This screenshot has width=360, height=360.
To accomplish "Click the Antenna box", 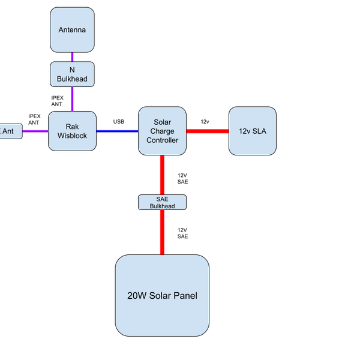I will [x=72, y=29].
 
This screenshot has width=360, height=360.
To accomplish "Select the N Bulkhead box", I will [x=72, y=73].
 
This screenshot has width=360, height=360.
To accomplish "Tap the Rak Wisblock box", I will [x=72, y=131].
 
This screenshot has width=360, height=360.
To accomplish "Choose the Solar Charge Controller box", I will [x=162, y=131].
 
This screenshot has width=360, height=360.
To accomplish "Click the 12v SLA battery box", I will [x=252, y=131].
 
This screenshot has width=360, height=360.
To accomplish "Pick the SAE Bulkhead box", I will [x=162, y=202].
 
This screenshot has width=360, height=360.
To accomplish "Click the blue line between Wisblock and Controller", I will [x=117, y=131].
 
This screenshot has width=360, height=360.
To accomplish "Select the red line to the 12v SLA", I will [x=207, y=131].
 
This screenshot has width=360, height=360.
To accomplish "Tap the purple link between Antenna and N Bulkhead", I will [x=72, y=57].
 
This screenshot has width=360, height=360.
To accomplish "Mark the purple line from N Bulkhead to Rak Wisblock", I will [x=72, y=98].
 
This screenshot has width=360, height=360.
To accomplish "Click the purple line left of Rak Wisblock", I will [x=35, y=131].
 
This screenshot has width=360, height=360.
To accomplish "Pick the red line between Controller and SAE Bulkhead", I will [x=162, y=175].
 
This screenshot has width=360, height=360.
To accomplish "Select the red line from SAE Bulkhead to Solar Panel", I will [x=162, y=232].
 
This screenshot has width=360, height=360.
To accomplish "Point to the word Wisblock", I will [x=72, y=136].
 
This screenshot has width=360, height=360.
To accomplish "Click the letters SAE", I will [x=162, y=199].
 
